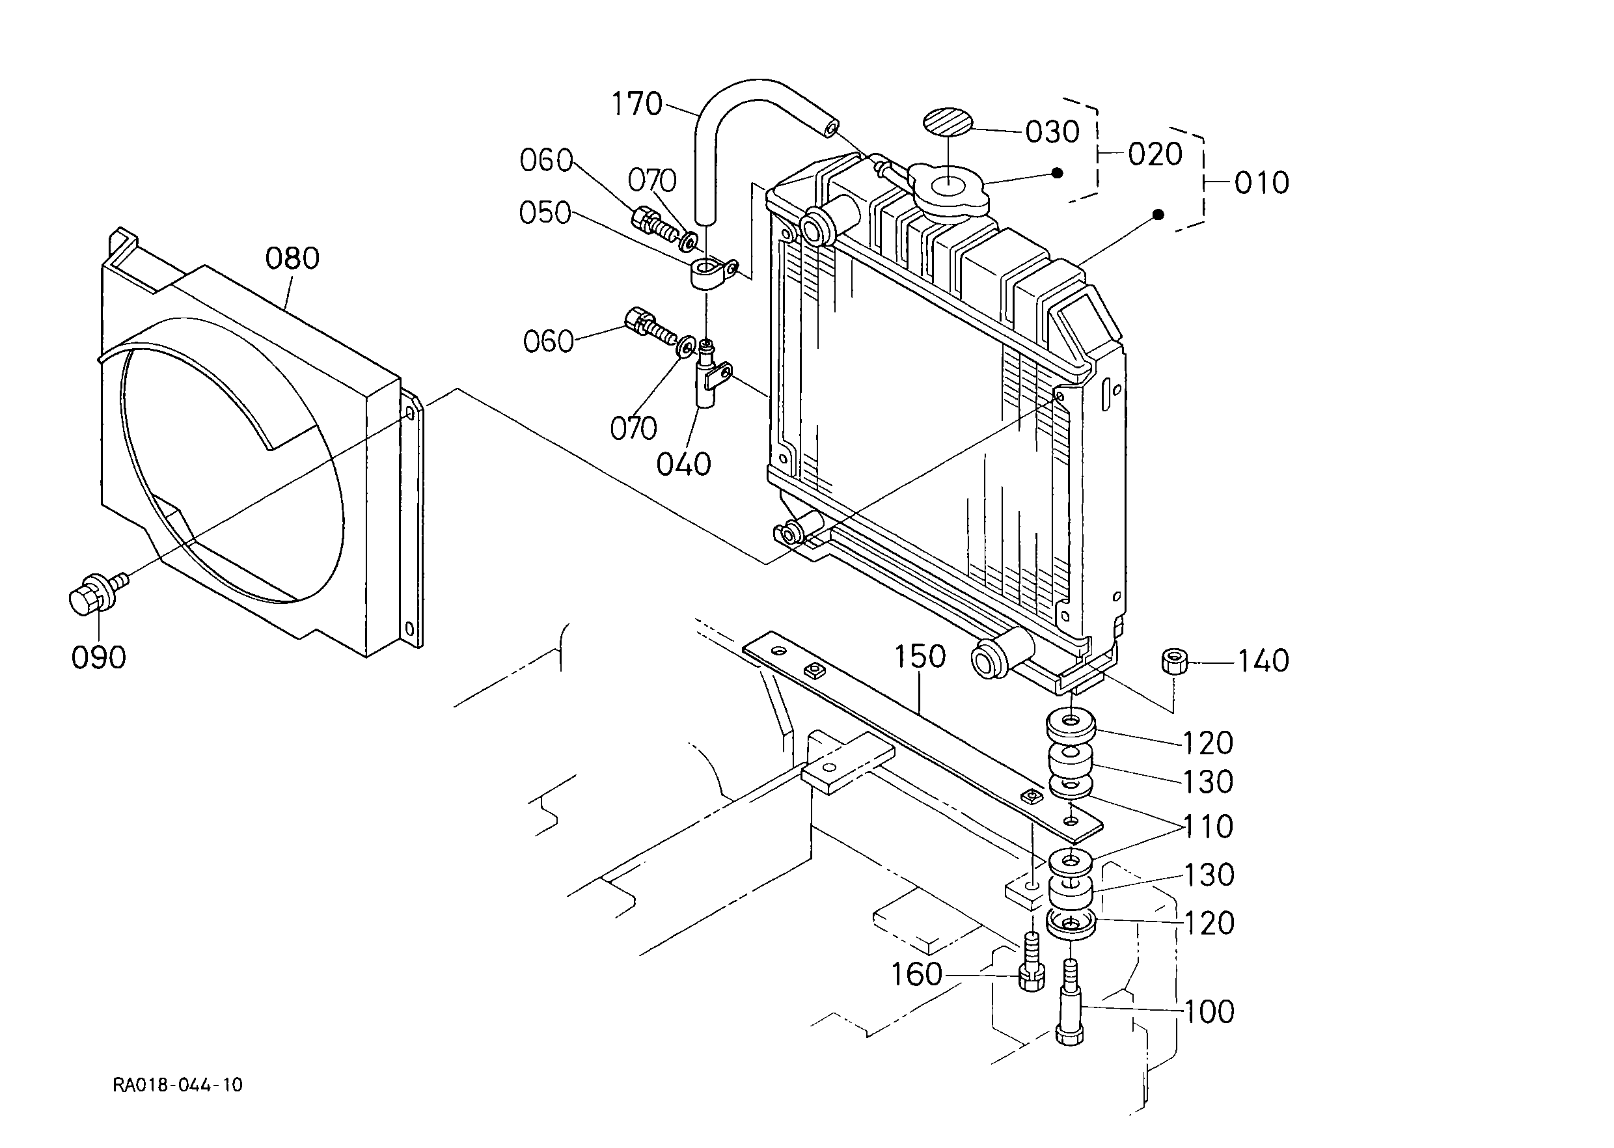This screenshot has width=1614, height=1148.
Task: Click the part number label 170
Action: coord(636,105)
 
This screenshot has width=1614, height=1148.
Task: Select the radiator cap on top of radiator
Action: coord(947,187)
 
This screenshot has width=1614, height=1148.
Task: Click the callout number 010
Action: coord(1262,183)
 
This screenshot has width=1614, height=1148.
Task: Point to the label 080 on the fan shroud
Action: coord(292,259)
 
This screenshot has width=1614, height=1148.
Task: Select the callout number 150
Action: coord(920,657)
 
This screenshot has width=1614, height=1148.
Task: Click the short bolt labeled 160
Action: coord(1032,961)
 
